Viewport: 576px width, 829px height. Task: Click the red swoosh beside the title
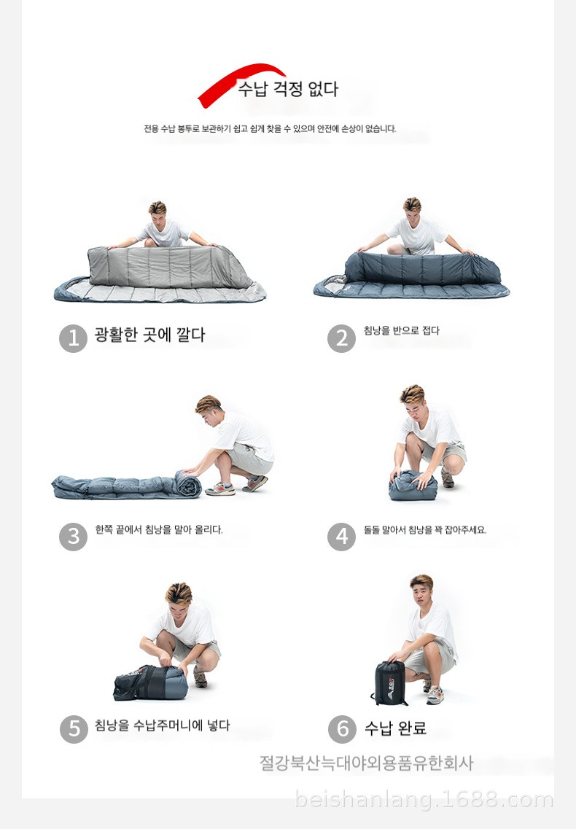(x=233, y=79)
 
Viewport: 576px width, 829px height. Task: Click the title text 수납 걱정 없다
(x=288, y=88)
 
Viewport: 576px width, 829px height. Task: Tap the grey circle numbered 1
(x=73, y=338)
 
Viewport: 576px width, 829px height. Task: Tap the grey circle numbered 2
(x=342, y=338)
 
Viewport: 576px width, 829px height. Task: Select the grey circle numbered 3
(x=73, y=537)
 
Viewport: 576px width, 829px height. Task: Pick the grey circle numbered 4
(x=342, y=537)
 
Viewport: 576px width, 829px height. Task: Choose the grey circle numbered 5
(x=74, y=729)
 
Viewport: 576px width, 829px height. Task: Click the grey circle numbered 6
(x=342, y=729)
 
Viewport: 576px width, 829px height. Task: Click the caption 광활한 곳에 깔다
(x=149, y=335)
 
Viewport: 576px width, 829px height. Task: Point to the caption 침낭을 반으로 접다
(x=402, y=330)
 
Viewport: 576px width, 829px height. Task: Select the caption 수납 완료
(x=395, y=728)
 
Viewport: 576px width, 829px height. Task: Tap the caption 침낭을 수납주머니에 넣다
(x=163, y=725)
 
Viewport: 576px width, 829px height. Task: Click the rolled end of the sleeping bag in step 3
(x=188, y=483)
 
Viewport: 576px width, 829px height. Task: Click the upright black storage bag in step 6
(x=389, y=682)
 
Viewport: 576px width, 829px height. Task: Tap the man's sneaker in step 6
(x=435, y=695)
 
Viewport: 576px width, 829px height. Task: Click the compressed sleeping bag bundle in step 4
(x=413, y=486)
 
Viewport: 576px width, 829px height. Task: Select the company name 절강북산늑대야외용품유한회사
(x=366, y=763)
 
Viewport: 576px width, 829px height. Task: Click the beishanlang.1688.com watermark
(x=424, y=799)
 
